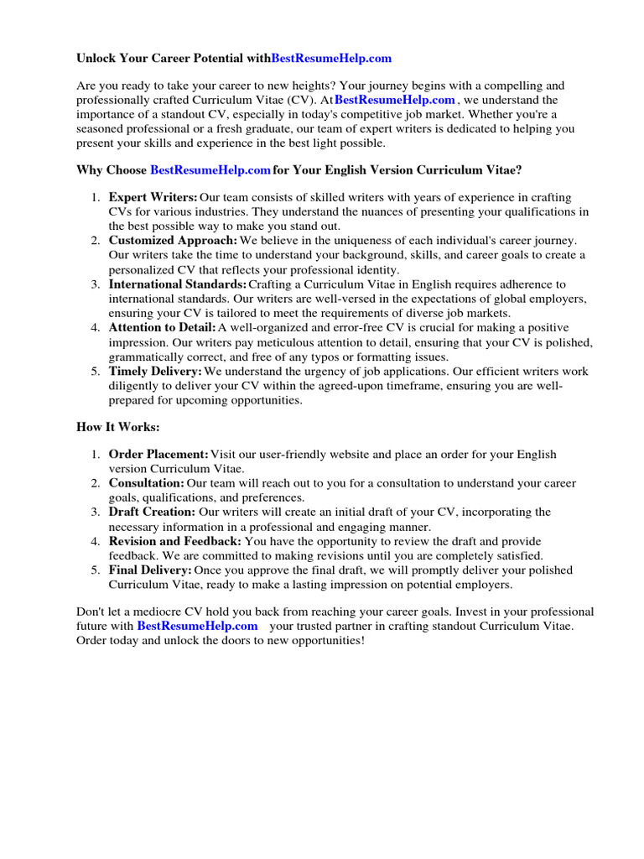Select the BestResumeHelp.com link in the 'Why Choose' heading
[210, 170]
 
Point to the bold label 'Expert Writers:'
[153, 197]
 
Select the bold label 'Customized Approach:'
[173, 241]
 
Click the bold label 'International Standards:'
[178, 284]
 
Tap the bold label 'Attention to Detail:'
[162, 328]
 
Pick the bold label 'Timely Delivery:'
[155, 372]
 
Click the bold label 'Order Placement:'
[158, 455]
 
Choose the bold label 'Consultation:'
[146, 483]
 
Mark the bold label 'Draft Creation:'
[152, 512]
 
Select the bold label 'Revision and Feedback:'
[174, 541]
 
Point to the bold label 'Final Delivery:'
[150, 570]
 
